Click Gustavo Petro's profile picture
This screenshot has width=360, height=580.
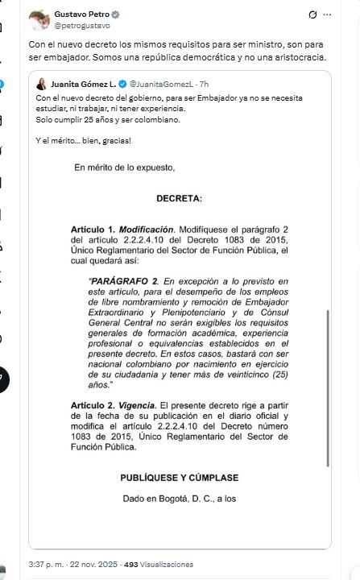pos(39,19)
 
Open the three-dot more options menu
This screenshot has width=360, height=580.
pos(327,15)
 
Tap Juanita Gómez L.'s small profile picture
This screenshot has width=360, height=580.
pos(41,84)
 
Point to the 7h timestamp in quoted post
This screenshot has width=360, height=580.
pos(204,84)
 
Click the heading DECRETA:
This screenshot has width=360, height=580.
pos(180,198)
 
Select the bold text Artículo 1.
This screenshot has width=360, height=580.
pos(93,230)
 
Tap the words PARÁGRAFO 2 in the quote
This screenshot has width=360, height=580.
pos(126,280)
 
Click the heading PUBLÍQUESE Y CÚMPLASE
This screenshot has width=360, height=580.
pos(180,478)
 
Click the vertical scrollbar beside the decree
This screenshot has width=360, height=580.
pos(329,387)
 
